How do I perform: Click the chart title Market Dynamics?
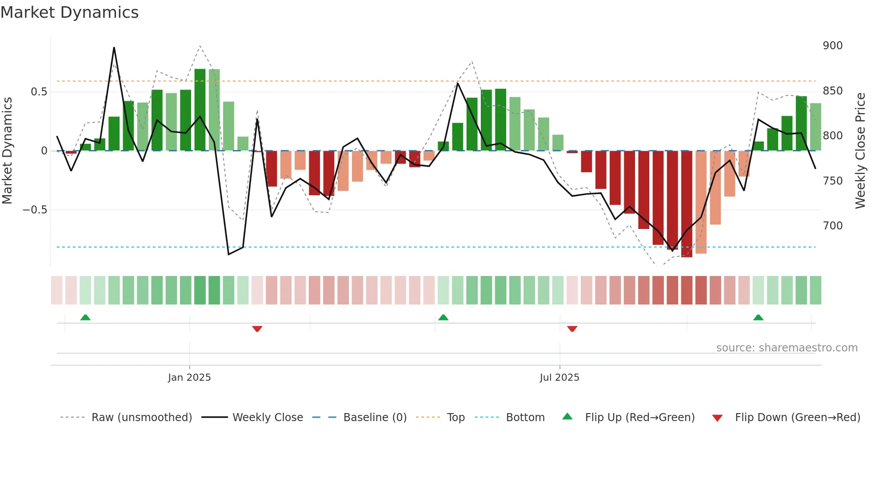click(x=69, y=12)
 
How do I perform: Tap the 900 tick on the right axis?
click(x=832, y=46)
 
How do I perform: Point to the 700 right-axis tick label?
click(x=832, y=226)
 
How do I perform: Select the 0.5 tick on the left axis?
click(x=39, y=92)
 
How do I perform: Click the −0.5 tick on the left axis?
click(x=35, y=210)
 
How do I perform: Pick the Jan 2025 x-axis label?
click(x=189, y=378)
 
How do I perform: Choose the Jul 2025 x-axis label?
click(x=559, y=378)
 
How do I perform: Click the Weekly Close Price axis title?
click(x=860, y=151)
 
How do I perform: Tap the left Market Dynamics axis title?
click(x=7, y=151)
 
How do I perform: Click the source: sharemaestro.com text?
click(x=787, y=348)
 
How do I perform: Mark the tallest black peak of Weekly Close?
click(x=114, y=47)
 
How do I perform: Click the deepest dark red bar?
click(x=687, y=204)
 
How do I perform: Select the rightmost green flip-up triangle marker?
click(x=758, y=317)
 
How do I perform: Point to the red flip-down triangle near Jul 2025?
click(x=572, y=329)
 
